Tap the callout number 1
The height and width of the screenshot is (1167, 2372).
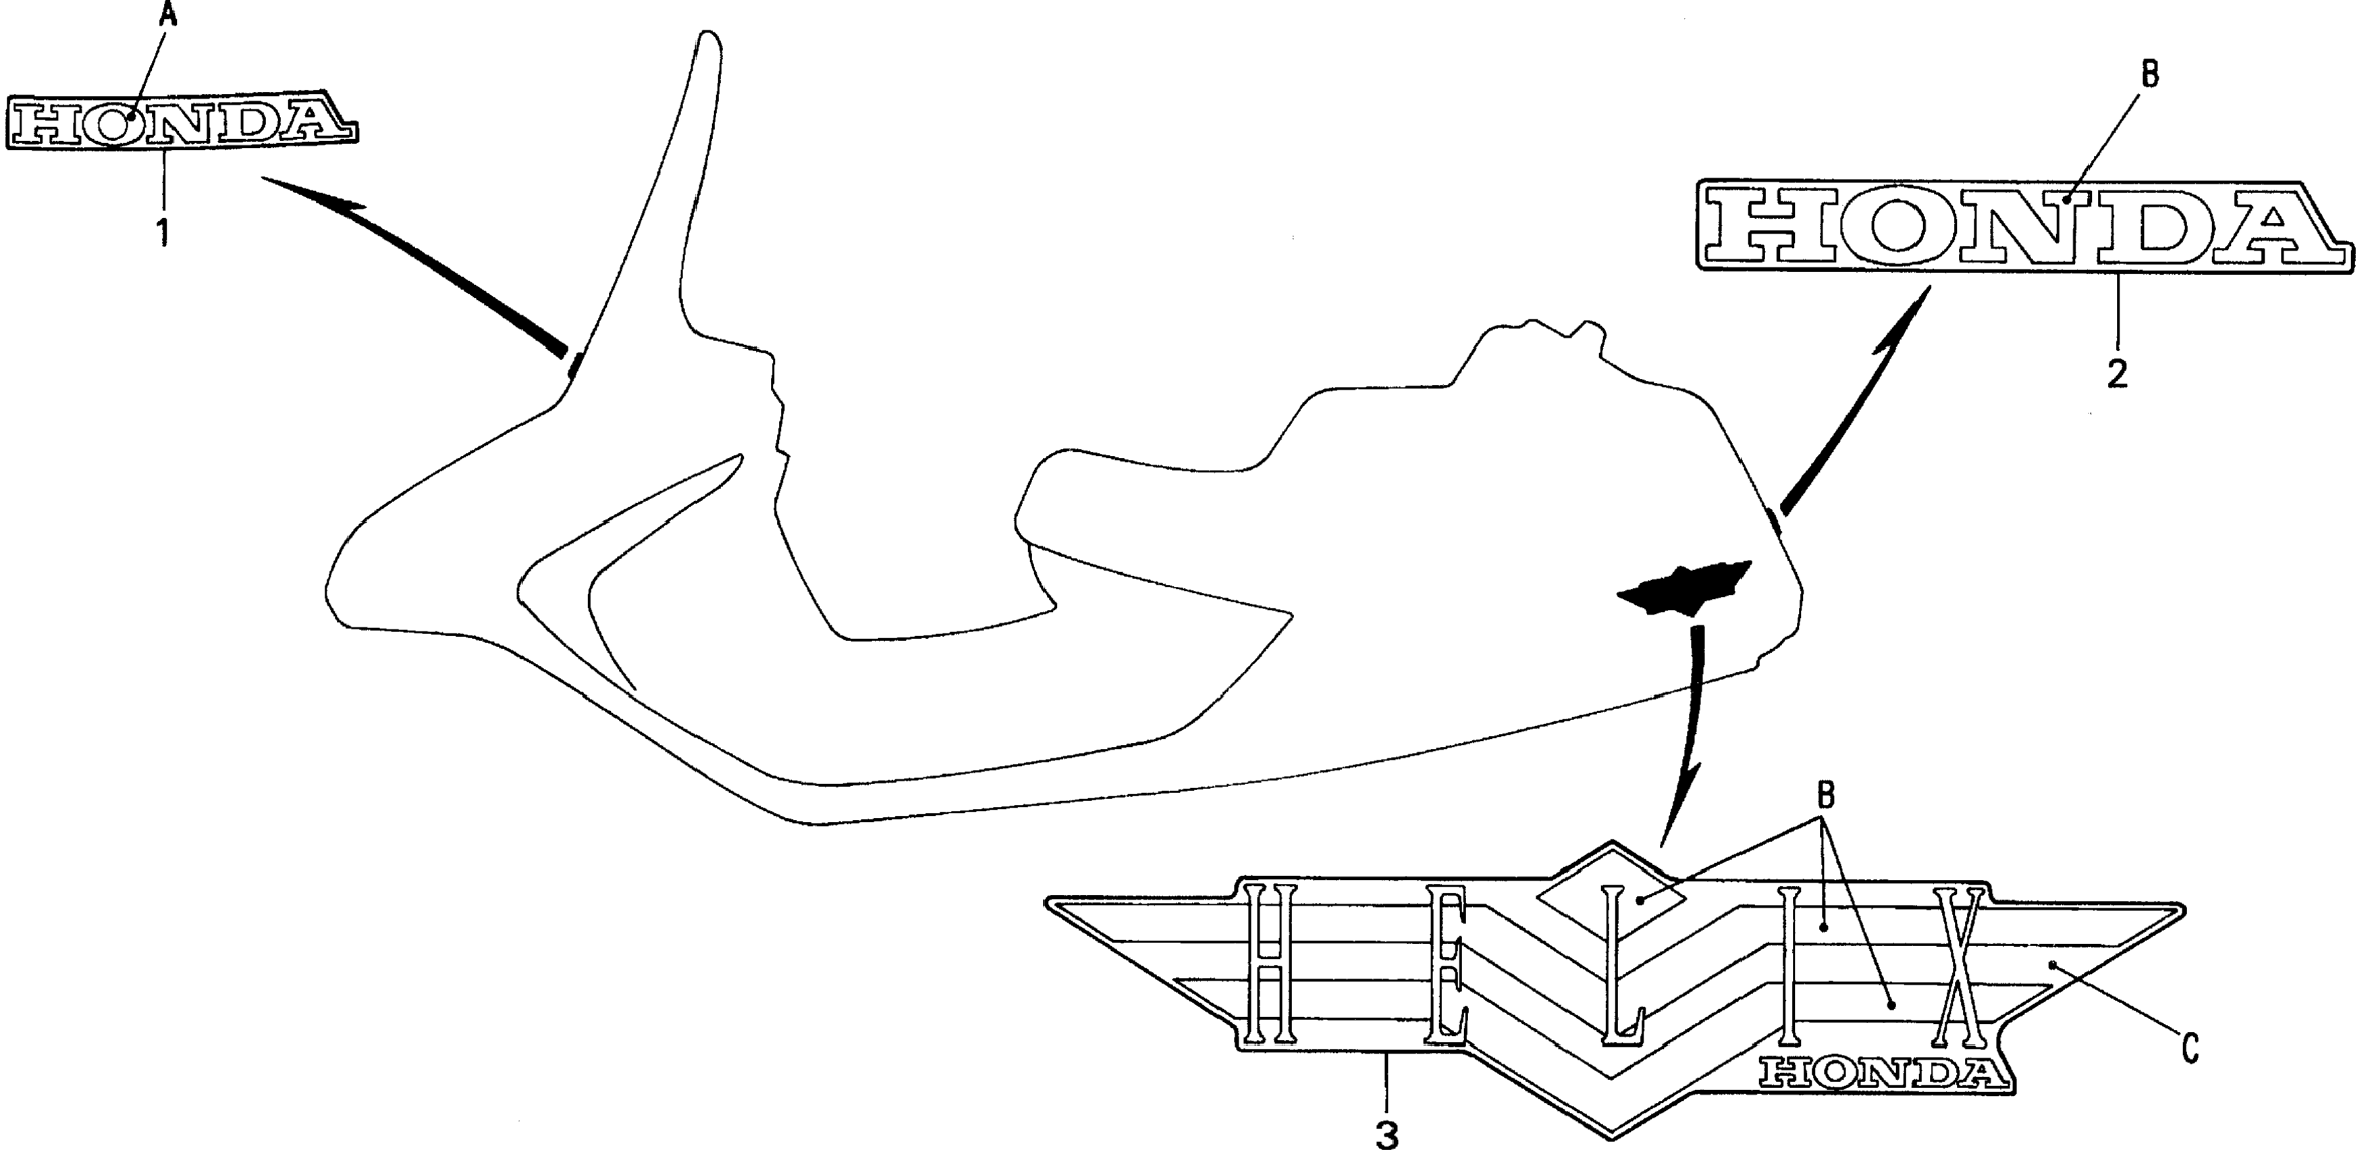pyautogui.click(x=163, y=232)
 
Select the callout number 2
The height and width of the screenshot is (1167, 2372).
pyautogui.click(x=2117, y=373)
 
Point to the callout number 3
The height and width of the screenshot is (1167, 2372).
pyautogui.click(x=1386, y=1136)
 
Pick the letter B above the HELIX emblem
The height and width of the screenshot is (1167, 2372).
pyautogui.click(x=1826, y=794)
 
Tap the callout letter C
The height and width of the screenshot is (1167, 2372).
pyautogui.click(x=2190, y=1047)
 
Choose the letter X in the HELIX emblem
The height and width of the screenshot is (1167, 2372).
pyautogui.click(x=1957, y=967)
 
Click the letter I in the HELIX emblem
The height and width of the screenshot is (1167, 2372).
pyautogui.click(x=1789, y=967)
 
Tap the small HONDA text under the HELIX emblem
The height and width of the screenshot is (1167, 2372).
pyautogui.click(x=1881, y=1072)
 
